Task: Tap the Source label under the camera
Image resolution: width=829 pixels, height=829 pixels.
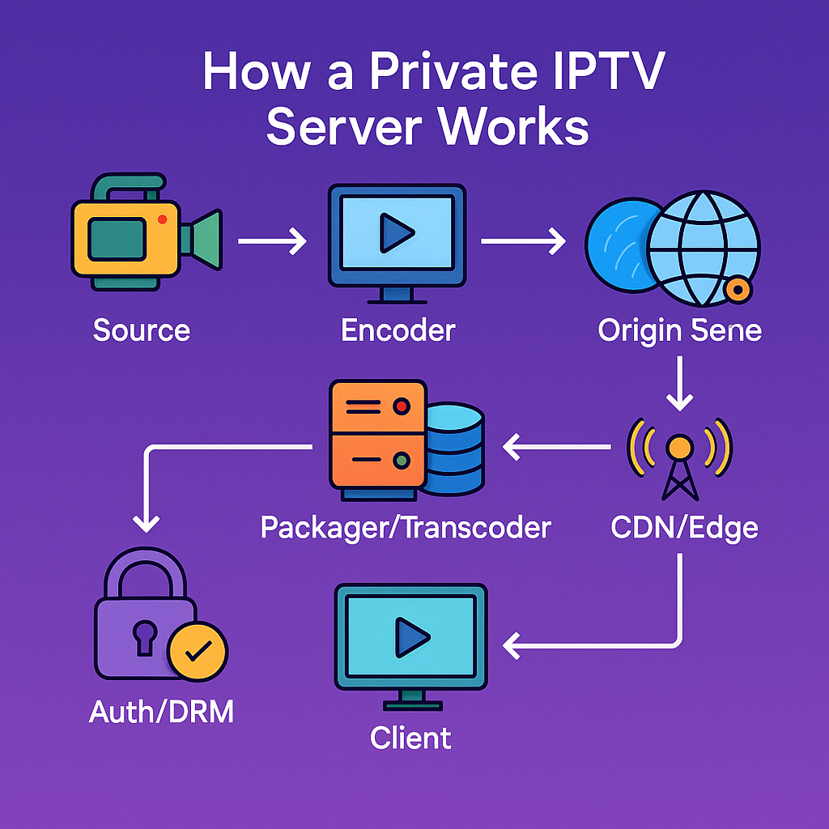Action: pyautogui.click(x=142, y=330)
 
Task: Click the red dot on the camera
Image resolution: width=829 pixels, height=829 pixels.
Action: pyautogui.click(x=163, y=219)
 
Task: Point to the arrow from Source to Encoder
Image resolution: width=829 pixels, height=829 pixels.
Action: pyautogui.click(x=271, y=240)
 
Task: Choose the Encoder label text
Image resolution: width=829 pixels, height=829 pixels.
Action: pyautogui.click(x=398, y=330)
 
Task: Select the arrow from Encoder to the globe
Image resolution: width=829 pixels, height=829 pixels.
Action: pyautogui.click(x=523, y=240)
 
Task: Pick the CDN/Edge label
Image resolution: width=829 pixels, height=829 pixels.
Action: pyautogui.click(x=684, y=528)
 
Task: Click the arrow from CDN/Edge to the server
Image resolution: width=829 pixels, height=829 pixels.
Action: pyautogui.click(x=556, y=445)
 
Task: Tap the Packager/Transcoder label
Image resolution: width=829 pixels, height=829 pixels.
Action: pyautogui.click(x=406, y=528)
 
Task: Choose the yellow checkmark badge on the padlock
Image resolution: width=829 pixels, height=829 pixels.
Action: pyautogui.click(x=198, y=650)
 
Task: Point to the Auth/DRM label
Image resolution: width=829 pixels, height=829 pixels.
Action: pyautogui.click(x=161, y=712)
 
